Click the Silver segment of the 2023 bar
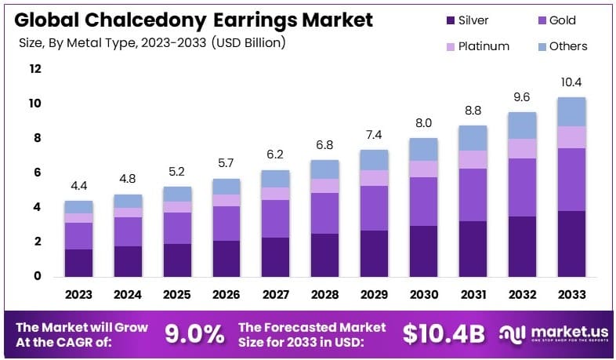[x=78, y=262]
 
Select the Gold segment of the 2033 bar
[x=571, y=179]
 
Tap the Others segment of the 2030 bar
[x=424, y=149]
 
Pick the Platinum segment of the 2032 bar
[x=522, y=148]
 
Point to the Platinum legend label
[x=483, y=46]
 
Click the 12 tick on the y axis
[x=34, y=69]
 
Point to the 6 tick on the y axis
[x=34, y=173]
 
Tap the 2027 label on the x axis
[x=276, y=295]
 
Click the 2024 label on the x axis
[x=128, y=295]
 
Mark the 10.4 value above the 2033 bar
[x=571, y=82]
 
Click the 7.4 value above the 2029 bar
[x=375, y=135]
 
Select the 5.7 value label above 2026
[x=226, y=164]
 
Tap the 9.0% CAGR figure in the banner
[x=194, y=333]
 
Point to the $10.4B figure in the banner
[x=444, y=333]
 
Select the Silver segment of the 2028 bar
[x=325, y=254]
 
